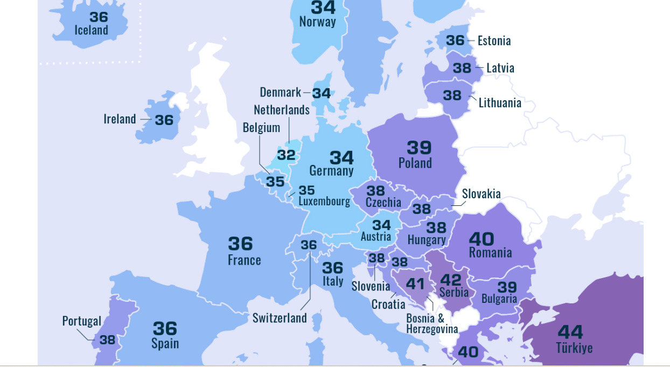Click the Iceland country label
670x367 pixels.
tap(91, 30)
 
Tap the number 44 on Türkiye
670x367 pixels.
tap(570, 331)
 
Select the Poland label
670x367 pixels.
tap(415, 163)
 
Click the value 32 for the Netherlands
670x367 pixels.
tap(287, 155)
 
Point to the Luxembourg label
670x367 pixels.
tap(324, 202)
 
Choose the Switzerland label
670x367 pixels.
tap(280, 318)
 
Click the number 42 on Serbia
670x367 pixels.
tap(451, 280)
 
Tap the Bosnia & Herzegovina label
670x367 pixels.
tap(432, 324)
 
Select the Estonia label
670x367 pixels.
tap(494, 41)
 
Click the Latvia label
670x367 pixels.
tap(500, 68)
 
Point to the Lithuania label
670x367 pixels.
tap(500, 103)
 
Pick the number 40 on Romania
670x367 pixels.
tap(481, 238)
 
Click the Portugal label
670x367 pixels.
tap(81, 321)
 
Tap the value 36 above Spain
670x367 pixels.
tap(165, 328)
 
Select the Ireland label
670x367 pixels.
tap(120, 119)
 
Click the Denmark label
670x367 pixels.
tap(280, 93)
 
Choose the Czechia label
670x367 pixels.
tap(383, 203)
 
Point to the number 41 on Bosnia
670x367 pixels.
tap(415, 283)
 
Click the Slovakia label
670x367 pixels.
tap(481, 194)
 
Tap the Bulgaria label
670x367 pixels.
tap(499, 299)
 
